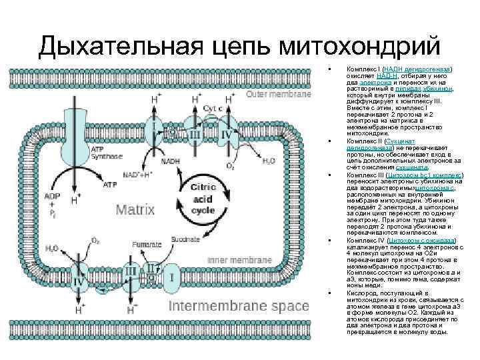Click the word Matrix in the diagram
(136, 210)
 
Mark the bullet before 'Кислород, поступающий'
(330, 293)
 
